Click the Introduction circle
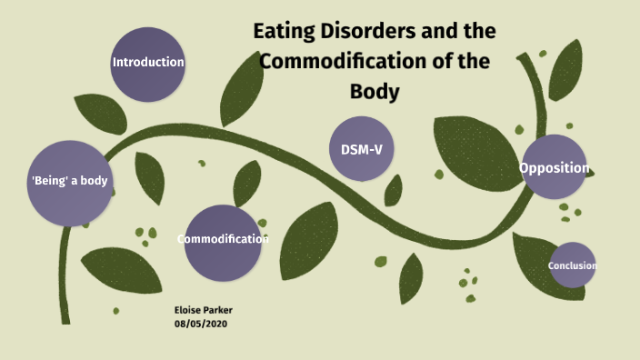pyautogui.click(x=148, y=63)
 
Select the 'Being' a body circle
pyautogui.click(x=69, y=182)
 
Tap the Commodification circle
pyautogui.click(x=222, y=240)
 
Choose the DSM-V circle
pyautogui.click(x=362, y=149)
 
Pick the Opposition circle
pyautogui.click(x=555, y=167)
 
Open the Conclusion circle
pyautogui.click(x=572, y=265)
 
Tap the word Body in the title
pyautogui.click(x=375, y=92)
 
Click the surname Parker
pyautogui.click(x=219, y=309)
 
